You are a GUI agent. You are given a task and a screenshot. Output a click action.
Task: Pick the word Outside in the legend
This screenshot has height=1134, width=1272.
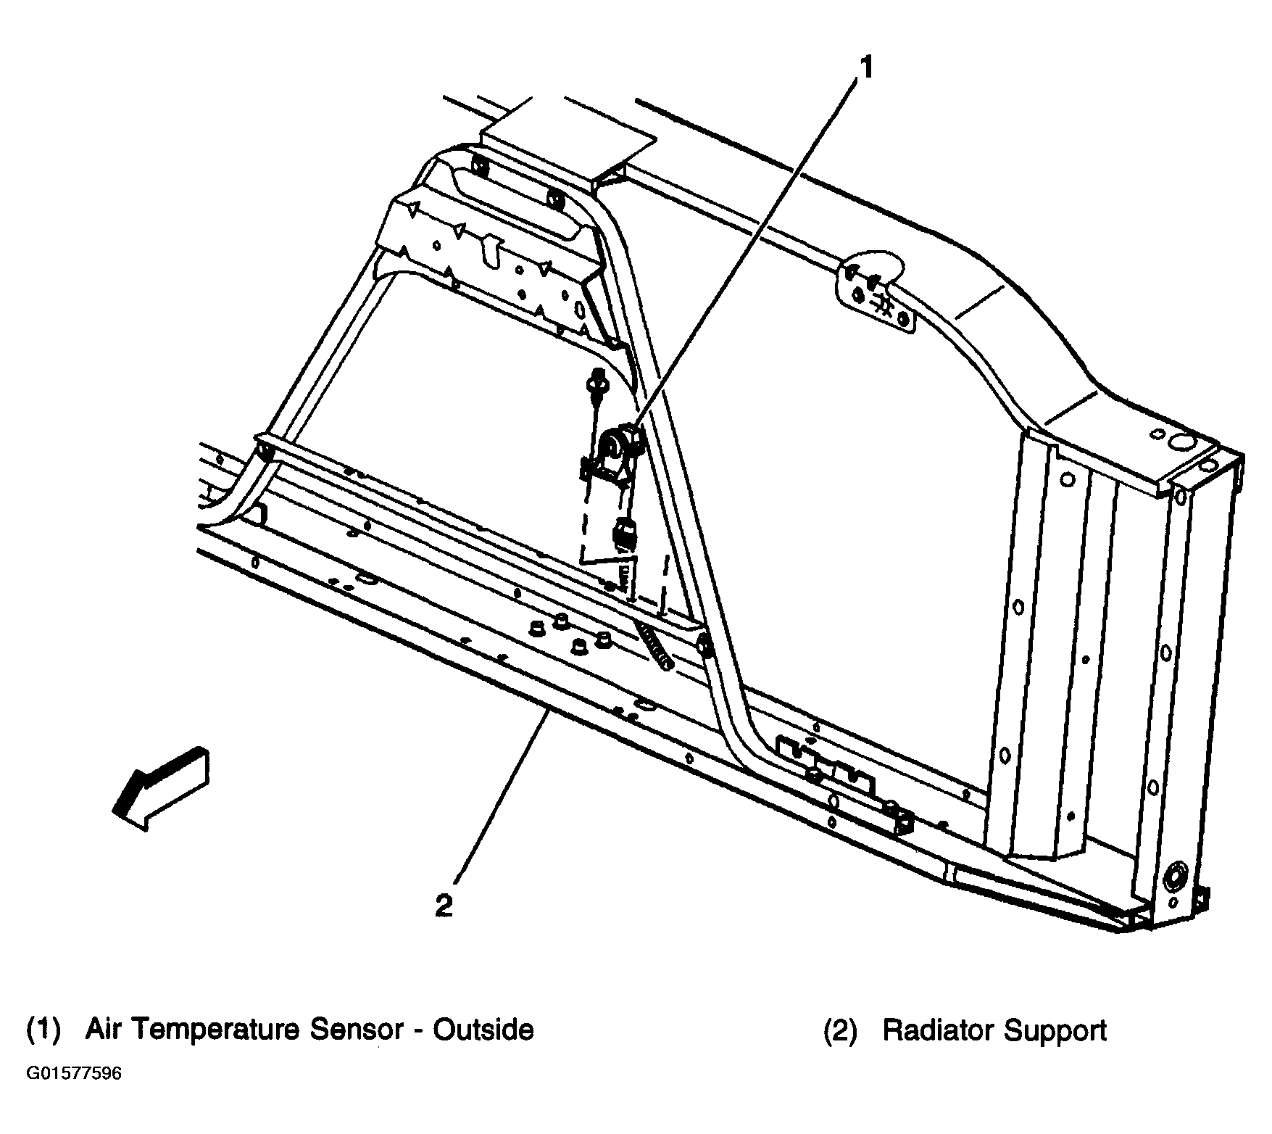(483, 1030)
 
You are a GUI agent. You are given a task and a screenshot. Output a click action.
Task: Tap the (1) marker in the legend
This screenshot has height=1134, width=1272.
(43, 1030)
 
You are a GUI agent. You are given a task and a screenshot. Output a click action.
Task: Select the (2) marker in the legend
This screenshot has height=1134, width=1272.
(841, 1030)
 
